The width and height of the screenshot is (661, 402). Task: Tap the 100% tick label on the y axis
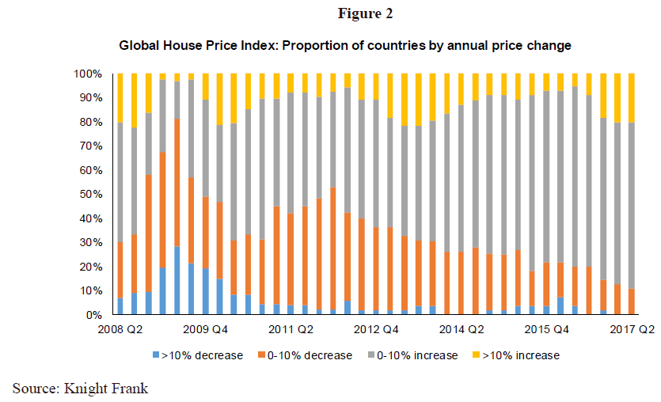87,74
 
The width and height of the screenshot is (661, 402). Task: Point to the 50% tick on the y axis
90,194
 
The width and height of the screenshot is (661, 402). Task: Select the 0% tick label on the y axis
93,315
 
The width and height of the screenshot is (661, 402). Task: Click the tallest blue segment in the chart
177,280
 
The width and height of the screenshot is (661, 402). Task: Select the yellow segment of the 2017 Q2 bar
632,98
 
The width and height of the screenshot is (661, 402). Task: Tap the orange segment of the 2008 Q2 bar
120,270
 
